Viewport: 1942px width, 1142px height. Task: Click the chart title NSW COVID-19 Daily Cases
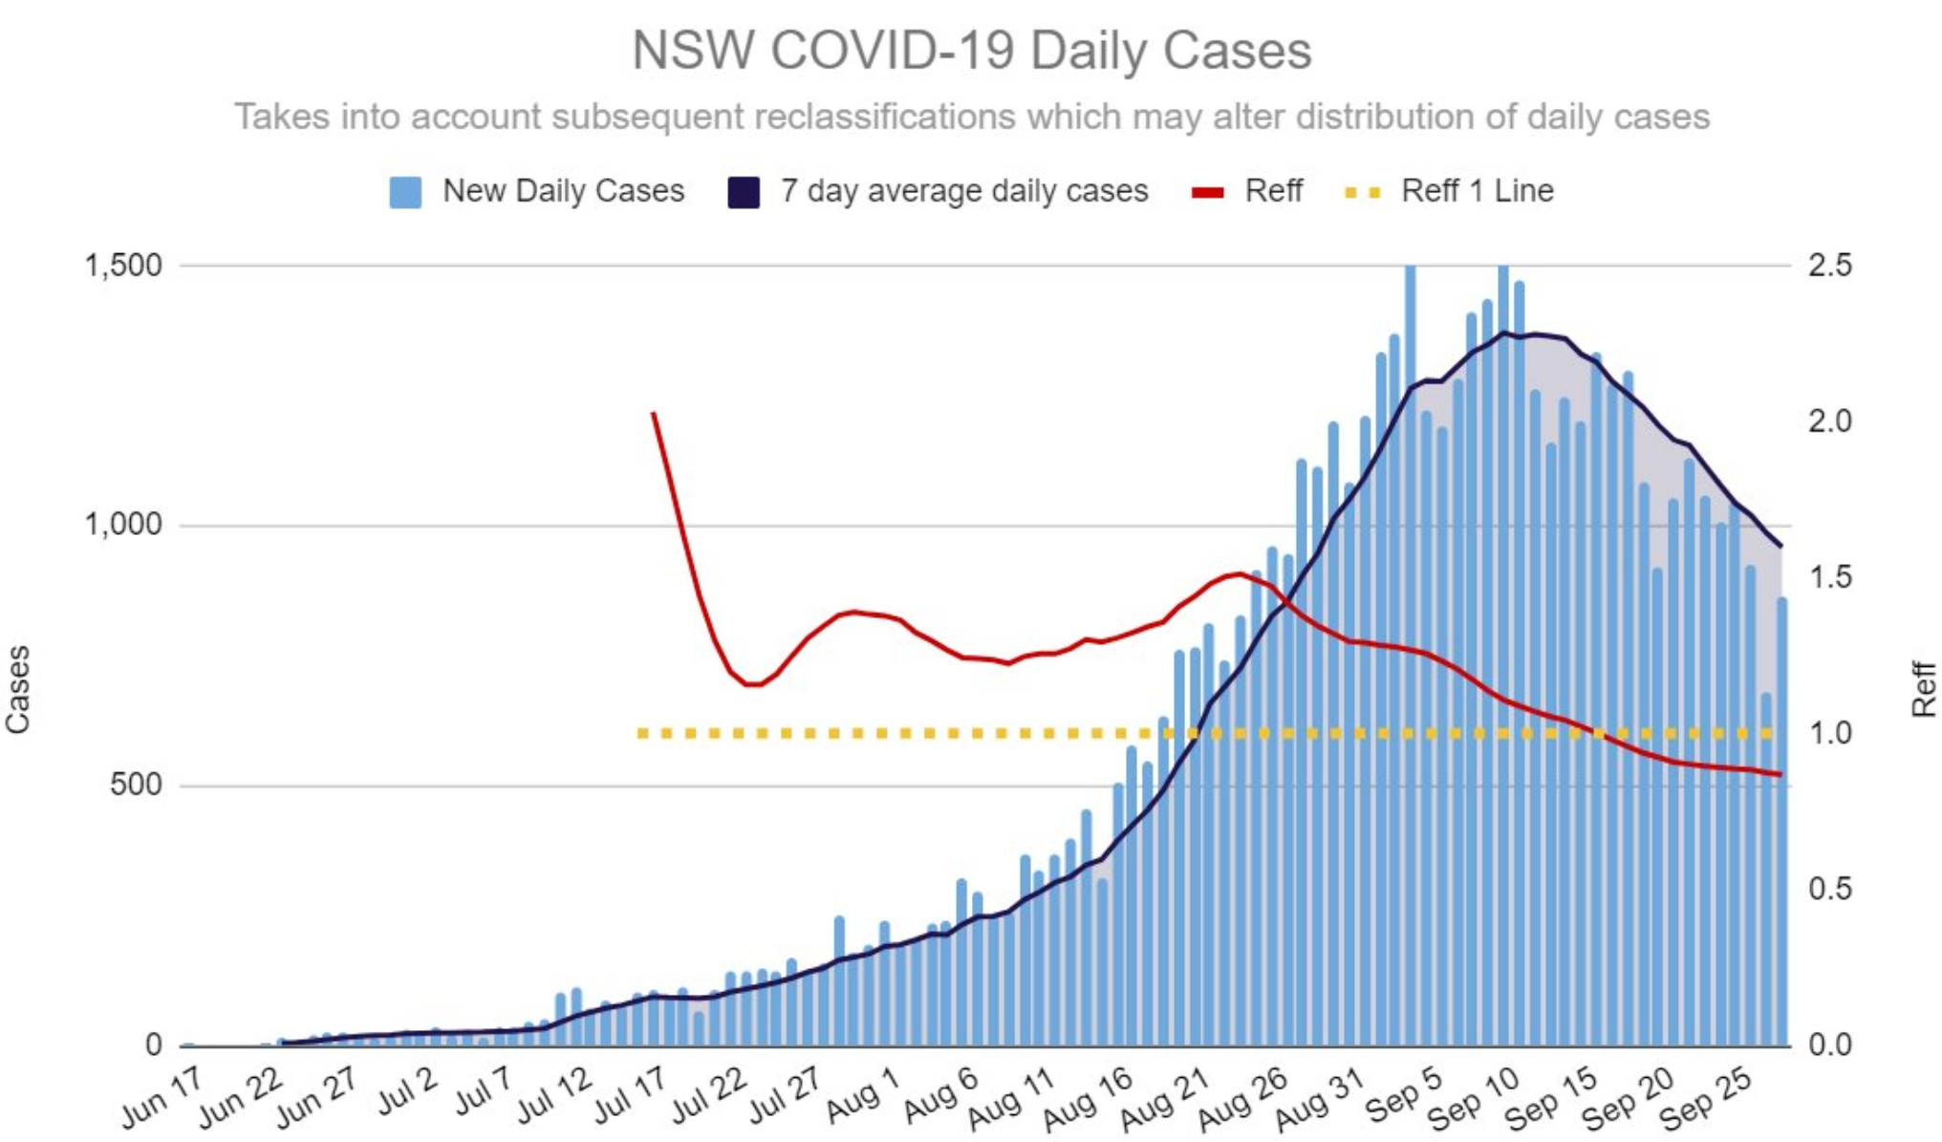pyautogui.click(x=971, y=50)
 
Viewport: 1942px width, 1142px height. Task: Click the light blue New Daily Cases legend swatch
pyautogui.click(x=405, y=192)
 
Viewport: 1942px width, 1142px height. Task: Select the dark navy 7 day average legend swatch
pyautogui.click(x=743, y=192)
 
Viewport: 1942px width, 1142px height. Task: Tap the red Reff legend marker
pyautogui.click(x=1208, y=192)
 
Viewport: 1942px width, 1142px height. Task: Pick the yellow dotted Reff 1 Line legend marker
pyautogui.click(x=1363, y=192)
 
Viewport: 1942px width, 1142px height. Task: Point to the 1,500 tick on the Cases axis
pyautogui.click(x=124, y=266)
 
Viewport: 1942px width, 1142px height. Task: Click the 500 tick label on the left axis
pyautogui.click(x=136, y=786)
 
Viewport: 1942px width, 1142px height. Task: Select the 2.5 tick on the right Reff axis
pyautogui.click(x=1829, y=266)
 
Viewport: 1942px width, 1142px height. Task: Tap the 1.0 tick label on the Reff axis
pyautogui.click(x=1829, y=734)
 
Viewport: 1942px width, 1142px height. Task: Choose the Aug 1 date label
pyautogui.click(x=863, y=1095)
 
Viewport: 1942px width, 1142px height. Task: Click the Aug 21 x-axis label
pyautogui.click(x=1166, y=1099)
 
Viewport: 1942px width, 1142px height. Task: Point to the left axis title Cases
pyautogui.click(x=18, y=689)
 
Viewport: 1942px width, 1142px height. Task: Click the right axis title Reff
pyautogui.click(x=1923, y=689)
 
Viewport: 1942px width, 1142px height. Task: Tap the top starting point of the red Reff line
pyautogui.click(x=654, y=414)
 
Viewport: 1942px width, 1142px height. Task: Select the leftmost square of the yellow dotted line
pyautogui.click(x=642, y=734)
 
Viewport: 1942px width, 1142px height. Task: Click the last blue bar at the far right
pyautogui.click(x=1782, y=822)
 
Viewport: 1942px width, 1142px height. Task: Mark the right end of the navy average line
pyautogui.click(x=1780, y=547)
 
